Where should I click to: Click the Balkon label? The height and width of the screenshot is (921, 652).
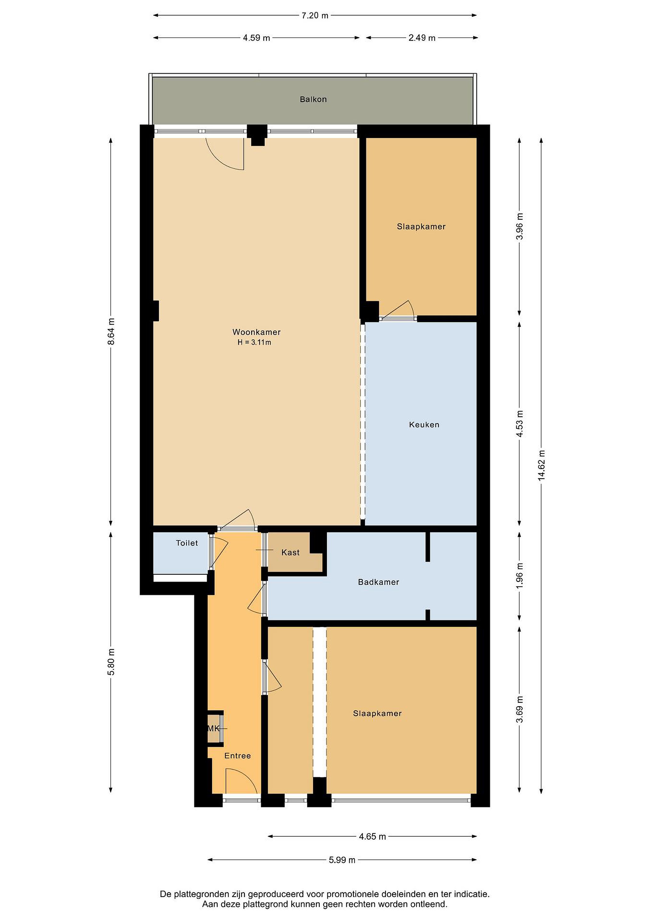pos(313,99)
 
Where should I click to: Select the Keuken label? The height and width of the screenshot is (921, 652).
pos(424,424)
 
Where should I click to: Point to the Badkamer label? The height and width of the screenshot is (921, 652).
pos(379,582)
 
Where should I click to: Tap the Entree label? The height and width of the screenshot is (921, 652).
pos(238,755)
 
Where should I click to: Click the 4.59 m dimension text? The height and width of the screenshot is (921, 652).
pos(257,38)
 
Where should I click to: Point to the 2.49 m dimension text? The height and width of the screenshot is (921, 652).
pos(422,38)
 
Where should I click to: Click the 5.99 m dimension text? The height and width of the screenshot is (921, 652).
pos(342,860)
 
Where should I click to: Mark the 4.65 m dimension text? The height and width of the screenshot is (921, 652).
pos(372,836)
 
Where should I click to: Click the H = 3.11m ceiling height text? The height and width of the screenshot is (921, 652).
pos(254,342)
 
